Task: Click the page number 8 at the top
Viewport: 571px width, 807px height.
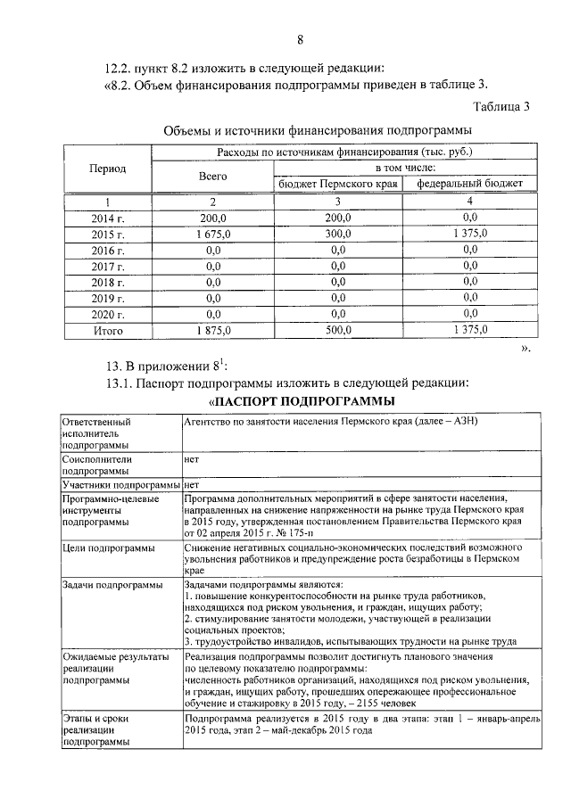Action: (301, 38)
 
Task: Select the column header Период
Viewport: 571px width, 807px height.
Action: (108, 169)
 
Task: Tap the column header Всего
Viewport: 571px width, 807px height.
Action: (213, 177)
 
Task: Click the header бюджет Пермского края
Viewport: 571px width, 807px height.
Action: (337, 184)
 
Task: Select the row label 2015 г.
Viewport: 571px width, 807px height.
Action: (108, 233)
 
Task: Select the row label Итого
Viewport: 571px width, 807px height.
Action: (108, 330)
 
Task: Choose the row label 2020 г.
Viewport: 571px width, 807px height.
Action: (108, 314)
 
